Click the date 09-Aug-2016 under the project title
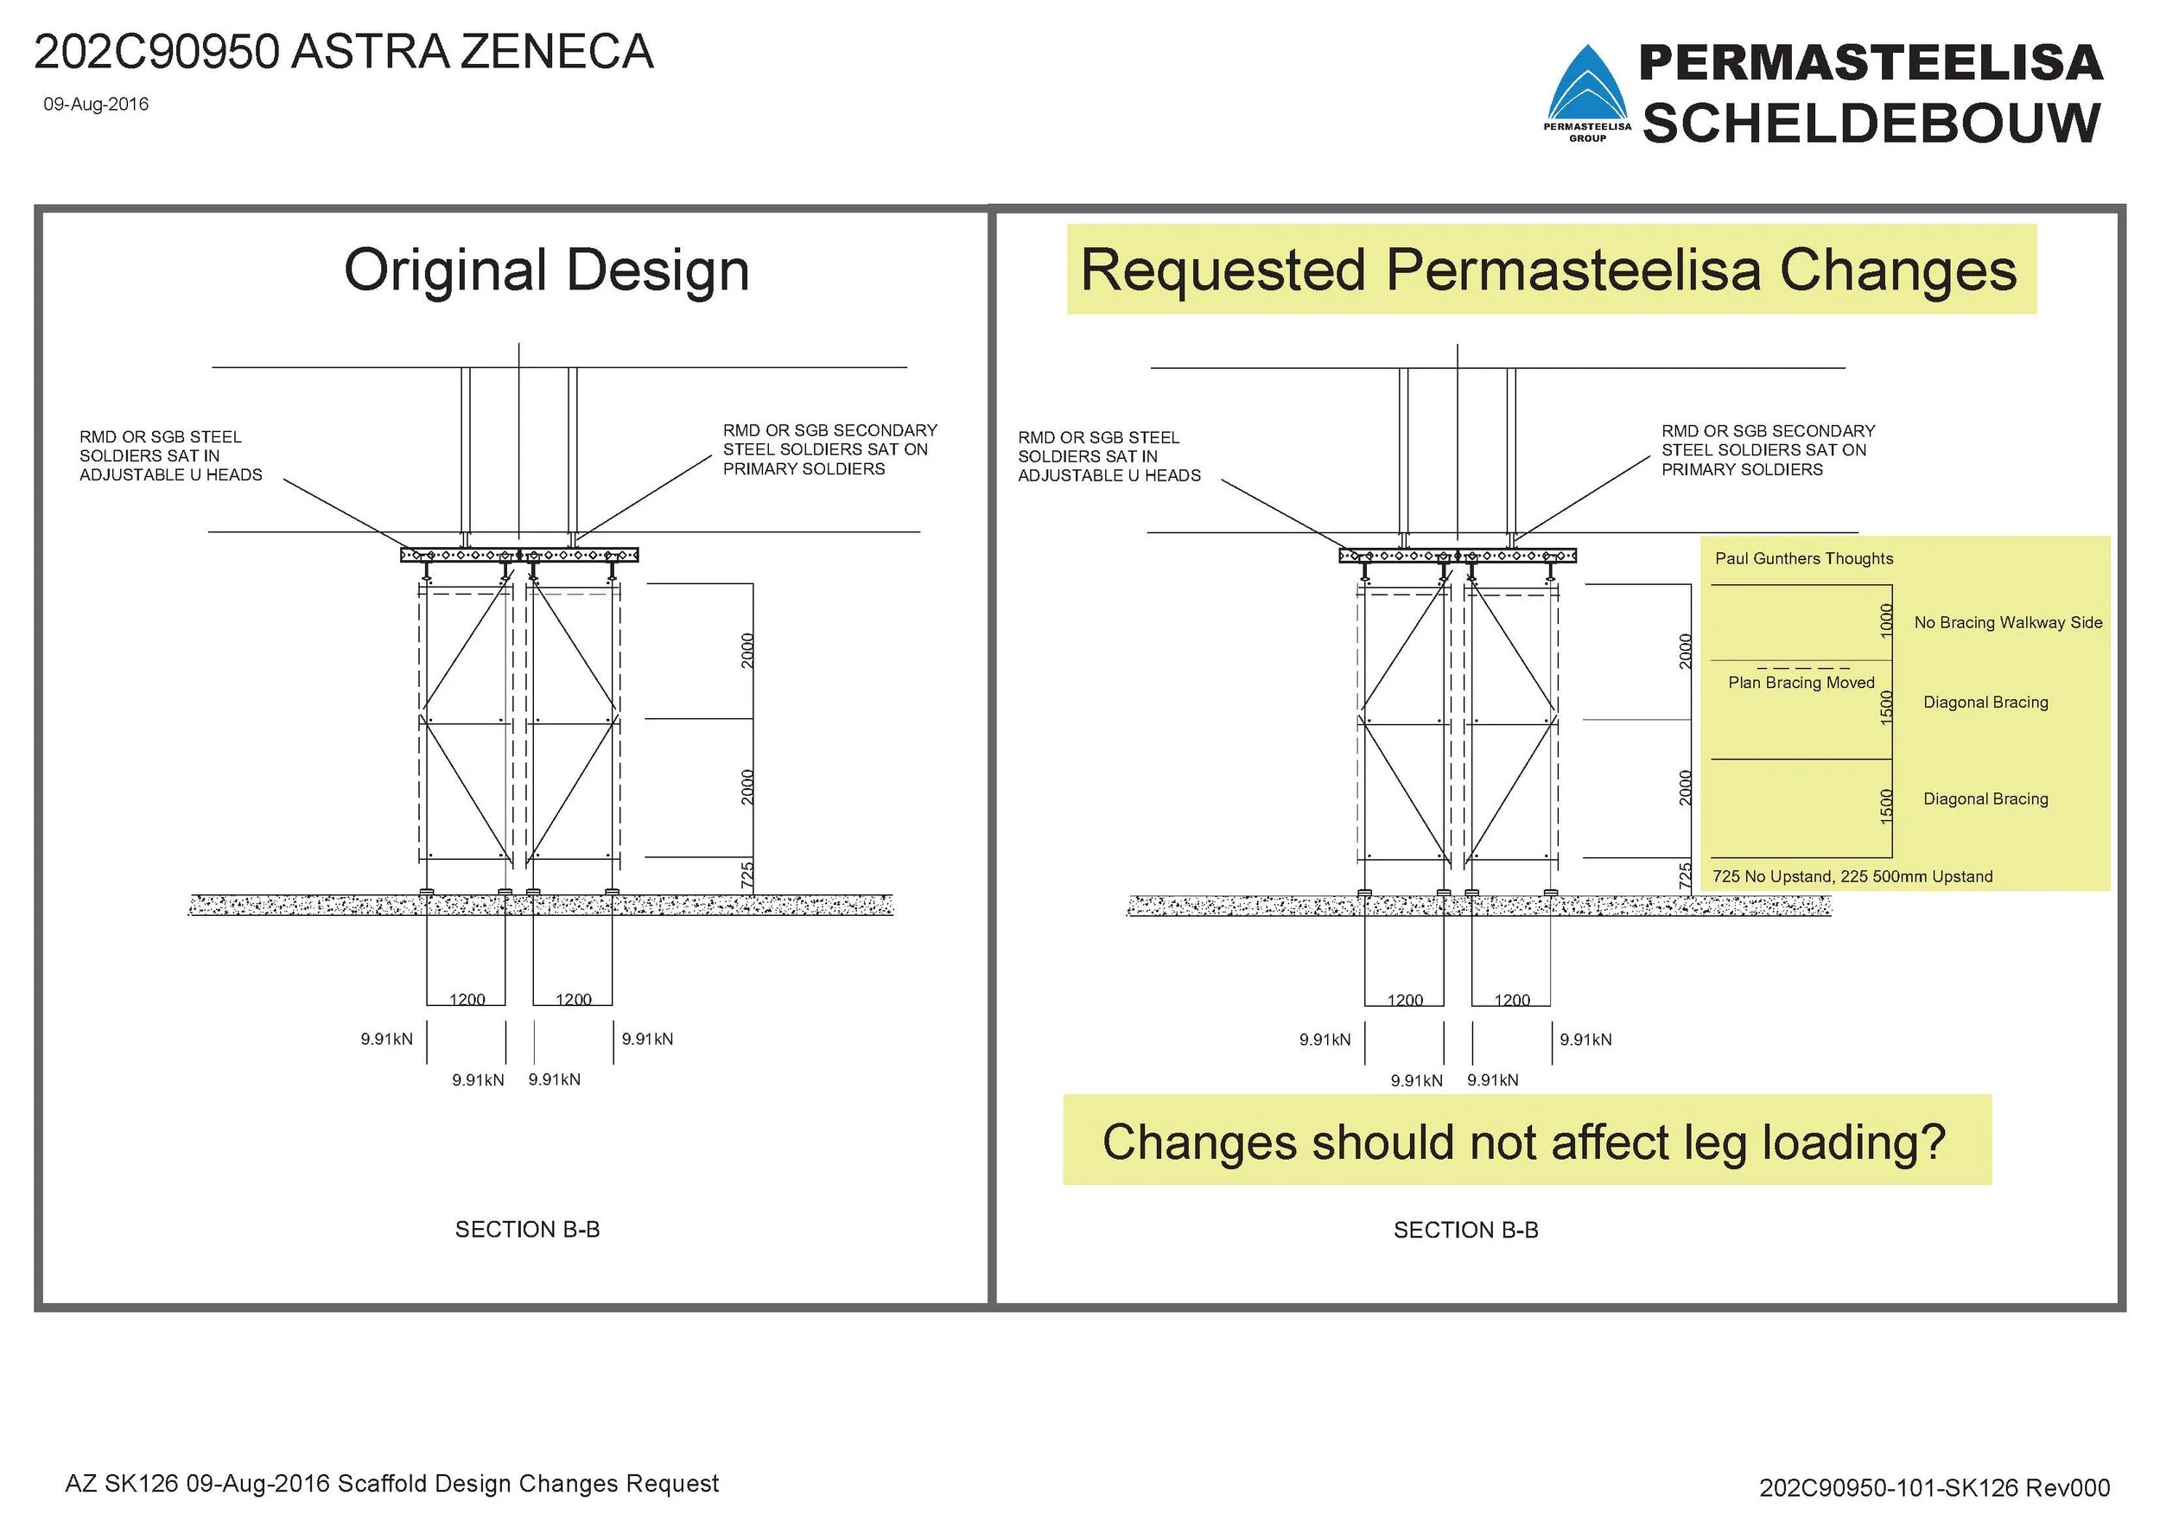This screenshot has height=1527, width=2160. click(x=96, y=105)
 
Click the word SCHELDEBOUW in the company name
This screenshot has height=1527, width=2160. click(x=1871, y=124)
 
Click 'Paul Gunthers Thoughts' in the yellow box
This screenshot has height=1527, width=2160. click(x=1803, y=558)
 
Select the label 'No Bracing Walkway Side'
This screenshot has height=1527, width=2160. click(x=2008, y=623)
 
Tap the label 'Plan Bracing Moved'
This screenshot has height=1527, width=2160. click(x=1801, y=683)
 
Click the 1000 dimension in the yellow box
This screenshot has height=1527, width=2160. click(x=1885, y=621)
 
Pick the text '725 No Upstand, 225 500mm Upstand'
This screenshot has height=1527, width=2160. click(x=1852, y=877)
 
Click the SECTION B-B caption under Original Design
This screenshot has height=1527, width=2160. click(x=527, y=1230)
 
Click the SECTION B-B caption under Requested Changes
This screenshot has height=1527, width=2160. click(x=1465, y=1231)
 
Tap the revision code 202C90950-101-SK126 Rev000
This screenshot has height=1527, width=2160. click(x=1934, y=1487)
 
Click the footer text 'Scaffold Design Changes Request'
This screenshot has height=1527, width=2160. click(x=528, y=1484)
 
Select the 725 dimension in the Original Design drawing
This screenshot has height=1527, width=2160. click(x=747, y=875)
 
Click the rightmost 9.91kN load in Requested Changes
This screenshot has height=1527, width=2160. click(x=1585, y=1040)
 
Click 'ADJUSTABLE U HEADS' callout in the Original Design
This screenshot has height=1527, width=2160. click(x=170, y=475)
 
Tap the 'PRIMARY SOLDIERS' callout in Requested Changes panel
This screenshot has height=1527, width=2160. click(x=1741, y=469)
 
